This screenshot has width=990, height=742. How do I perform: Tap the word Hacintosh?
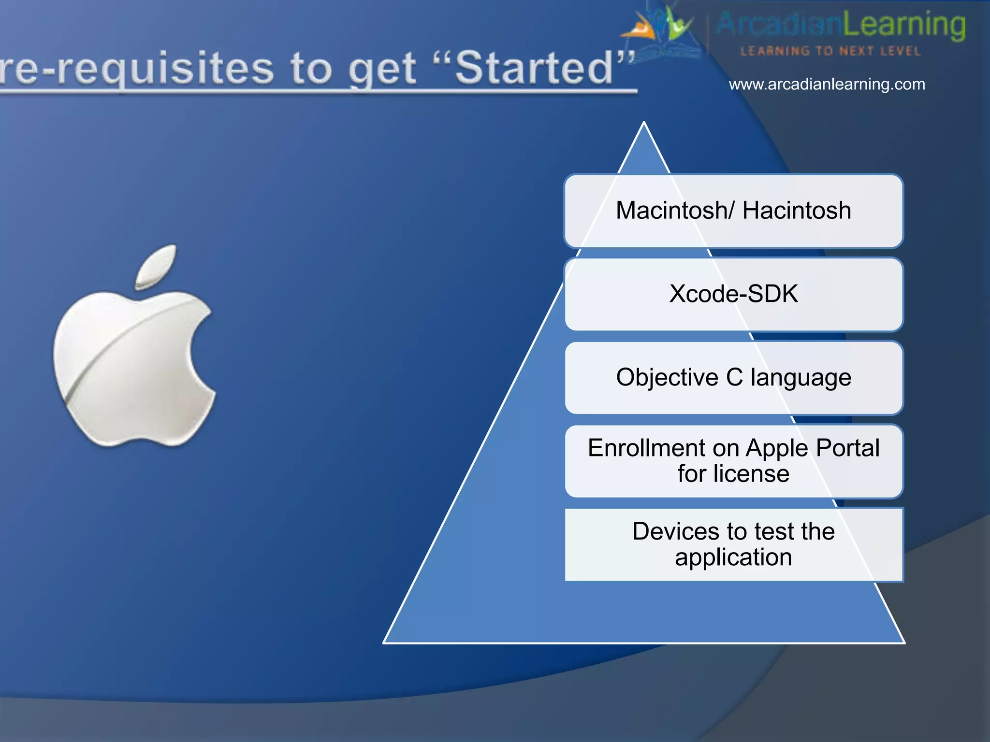[797, 211]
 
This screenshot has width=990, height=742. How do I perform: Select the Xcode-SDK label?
[733, 294]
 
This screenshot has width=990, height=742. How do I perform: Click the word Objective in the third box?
[667, 377]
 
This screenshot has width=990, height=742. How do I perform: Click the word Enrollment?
[646, 448]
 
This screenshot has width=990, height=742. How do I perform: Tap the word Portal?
[847, 448]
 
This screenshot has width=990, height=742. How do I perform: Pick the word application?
[733, 557]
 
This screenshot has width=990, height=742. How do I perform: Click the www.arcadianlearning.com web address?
[827, 85]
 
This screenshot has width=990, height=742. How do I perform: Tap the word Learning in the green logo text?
[904, 25]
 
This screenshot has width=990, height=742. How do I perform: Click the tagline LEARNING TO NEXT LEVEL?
[830, 51]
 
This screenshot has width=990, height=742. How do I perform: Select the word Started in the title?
[534, 69]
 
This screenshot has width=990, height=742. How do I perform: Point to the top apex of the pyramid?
[644, 124]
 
